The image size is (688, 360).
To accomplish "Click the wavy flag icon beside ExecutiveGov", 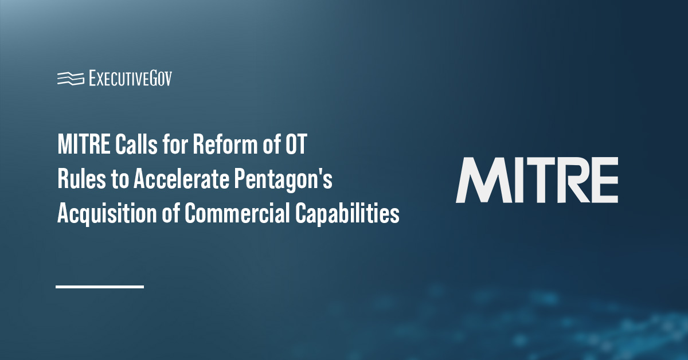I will click(71, 79).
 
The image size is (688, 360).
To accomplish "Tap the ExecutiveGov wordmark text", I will click(130, 79).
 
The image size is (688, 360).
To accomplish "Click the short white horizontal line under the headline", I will click(100, 286).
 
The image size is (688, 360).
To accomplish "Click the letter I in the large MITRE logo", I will click(519, 180).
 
